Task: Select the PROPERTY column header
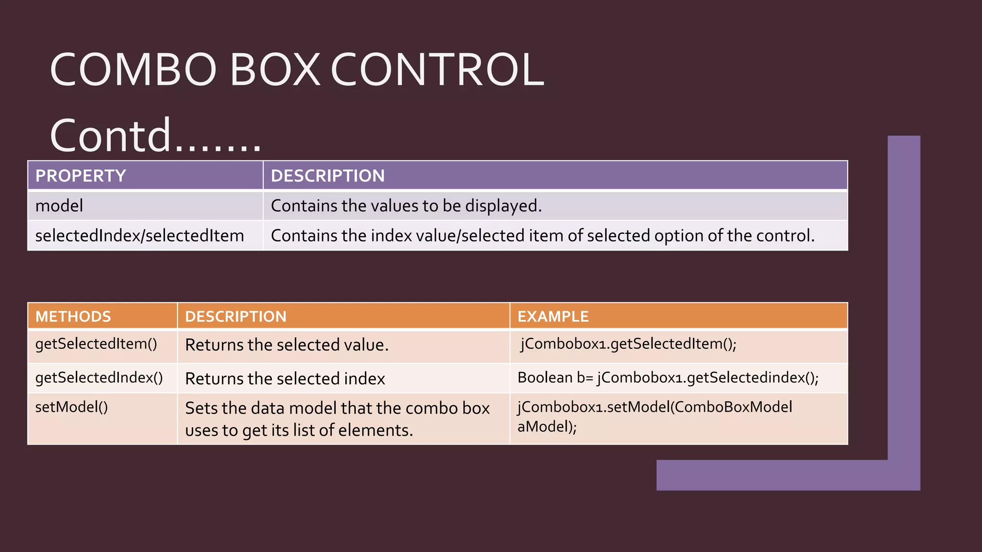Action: point(81,176)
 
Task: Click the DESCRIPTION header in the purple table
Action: point(327,176)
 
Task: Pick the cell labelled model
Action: point(59,206)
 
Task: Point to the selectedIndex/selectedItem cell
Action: point(140,236)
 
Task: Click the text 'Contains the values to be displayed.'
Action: point(406,206)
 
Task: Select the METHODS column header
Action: point(73,317)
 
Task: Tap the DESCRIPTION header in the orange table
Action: point(235,317)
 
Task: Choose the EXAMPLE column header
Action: point(553,317)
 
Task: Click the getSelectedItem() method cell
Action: point(96,344)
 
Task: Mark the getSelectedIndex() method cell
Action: point(99,378)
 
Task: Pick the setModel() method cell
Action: point(71,407)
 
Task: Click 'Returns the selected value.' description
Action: point(287,345)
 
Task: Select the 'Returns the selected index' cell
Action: point(285,379)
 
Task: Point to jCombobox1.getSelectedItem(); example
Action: point(629,344)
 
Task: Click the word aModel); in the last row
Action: point(547,426)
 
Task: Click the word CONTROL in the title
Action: point(437,70)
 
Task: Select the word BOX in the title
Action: point(275,70)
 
